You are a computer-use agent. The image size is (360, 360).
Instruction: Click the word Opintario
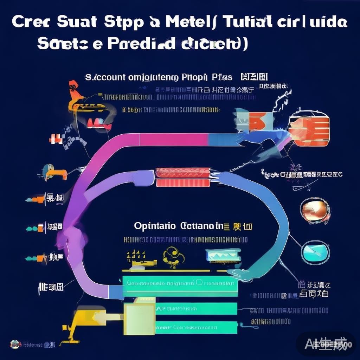click(155, 226)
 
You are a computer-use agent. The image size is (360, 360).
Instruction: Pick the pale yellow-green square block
click(140, 315)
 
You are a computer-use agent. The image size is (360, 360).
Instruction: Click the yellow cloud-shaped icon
click(174, 255)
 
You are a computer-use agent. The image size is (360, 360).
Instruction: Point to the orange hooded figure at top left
click(74, 91)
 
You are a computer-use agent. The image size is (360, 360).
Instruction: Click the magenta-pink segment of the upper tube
click(174, 140)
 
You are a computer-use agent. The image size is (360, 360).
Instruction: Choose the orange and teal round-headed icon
click(54, 172)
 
